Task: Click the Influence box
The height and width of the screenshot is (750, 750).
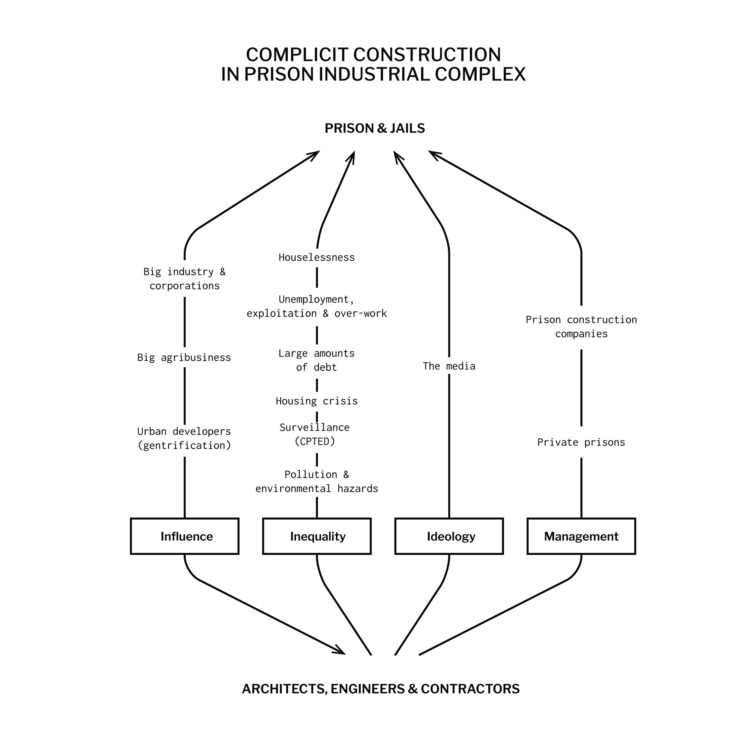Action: pos(185,536)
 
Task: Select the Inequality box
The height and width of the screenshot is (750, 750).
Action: pos(317,536)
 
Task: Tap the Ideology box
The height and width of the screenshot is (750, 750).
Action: pos(449,536)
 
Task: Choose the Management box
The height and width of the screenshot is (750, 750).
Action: pos(581,536)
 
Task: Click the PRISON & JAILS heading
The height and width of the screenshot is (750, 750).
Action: pos(375,128)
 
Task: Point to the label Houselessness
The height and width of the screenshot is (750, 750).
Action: pos(317,257)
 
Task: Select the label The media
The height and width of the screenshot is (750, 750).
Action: pos(449,366)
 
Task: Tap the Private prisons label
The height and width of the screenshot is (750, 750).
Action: pos(581,442)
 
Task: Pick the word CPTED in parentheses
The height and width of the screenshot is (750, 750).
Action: pos(315,441)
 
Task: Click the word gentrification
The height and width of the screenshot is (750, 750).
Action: pos(184,445)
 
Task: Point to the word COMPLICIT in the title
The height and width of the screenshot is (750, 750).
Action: pos(297,55)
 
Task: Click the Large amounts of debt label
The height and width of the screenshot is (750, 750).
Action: pos(317,360)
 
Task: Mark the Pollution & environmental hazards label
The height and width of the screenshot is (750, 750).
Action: pos(317,481)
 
